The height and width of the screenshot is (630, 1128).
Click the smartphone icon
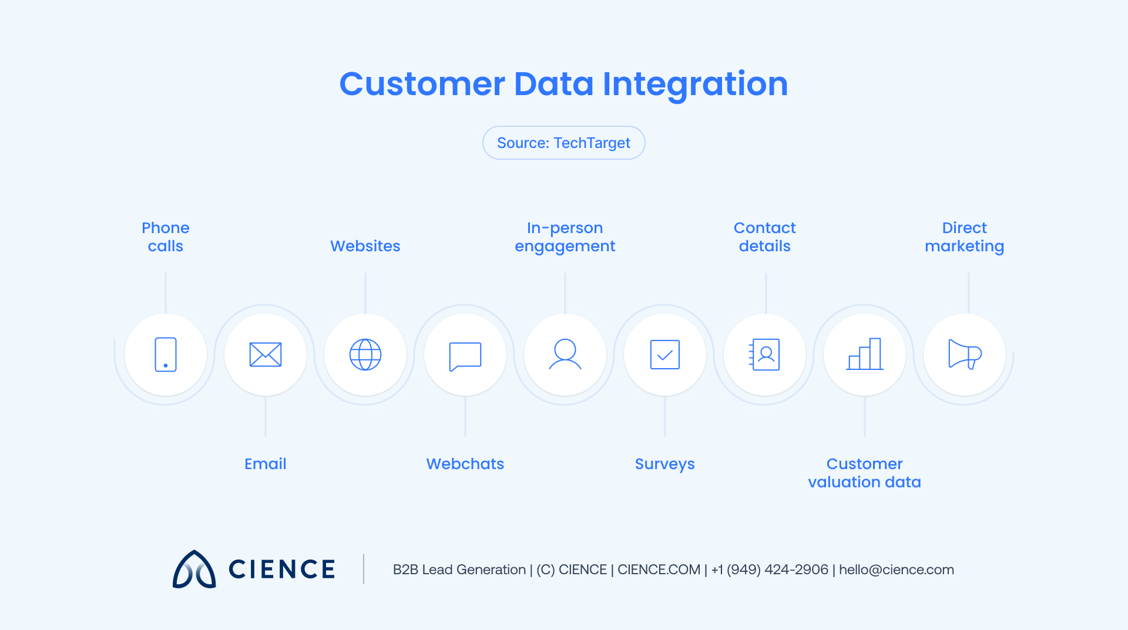166,354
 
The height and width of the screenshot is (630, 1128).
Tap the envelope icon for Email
266,354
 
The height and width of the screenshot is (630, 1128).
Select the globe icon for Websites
365,354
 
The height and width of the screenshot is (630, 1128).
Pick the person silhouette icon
565,354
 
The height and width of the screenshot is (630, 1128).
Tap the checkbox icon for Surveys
665,354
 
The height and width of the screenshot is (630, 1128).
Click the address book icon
765,354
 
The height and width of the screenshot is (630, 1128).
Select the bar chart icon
865,354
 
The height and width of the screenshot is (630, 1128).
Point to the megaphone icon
965,354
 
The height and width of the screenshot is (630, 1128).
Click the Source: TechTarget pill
564,143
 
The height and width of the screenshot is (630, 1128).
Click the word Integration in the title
695,84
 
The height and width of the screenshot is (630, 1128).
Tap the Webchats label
465,464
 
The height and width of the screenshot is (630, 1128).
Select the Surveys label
665,464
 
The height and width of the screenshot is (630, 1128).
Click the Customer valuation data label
865,473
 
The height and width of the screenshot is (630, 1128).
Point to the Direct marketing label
965,237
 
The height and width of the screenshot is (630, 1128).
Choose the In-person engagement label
565,237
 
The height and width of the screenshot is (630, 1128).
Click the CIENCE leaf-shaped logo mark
194,570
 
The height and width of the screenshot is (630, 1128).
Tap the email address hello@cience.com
897,570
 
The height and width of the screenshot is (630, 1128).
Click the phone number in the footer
770,570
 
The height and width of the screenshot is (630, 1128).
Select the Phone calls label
166,237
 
